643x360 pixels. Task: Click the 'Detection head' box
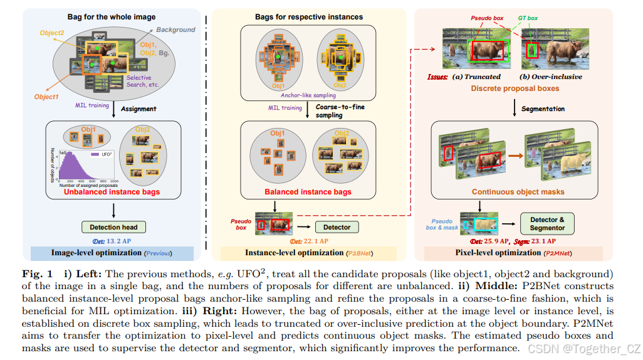point(113,226)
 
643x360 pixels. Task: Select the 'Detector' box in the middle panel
point(337,227)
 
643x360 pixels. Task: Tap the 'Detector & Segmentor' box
point(547,224)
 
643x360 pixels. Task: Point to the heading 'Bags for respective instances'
point(308,17)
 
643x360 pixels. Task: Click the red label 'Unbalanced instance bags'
point(112,192)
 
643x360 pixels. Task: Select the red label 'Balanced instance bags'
point(308,192)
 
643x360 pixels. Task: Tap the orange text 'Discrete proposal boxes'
point(515,88)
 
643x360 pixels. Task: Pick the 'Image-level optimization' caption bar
point(112,253)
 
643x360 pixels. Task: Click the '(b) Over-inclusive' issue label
point(551,77)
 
